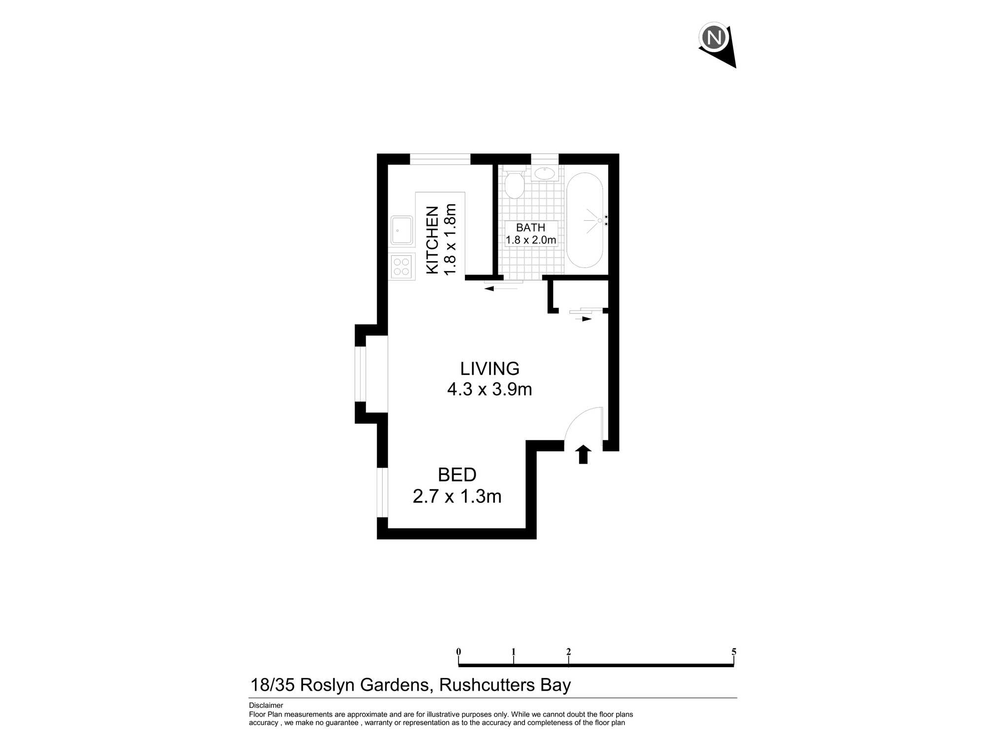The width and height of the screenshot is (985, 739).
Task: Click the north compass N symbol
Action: (714, 37)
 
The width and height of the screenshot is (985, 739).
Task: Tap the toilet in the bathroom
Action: (514, 184)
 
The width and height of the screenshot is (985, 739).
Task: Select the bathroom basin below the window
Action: (545, 173)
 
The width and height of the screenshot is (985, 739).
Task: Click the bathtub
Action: (585, 220)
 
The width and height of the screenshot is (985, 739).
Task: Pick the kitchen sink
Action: (401, 230)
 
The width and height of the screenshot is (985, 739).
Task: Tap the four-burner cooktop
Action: (401, 267)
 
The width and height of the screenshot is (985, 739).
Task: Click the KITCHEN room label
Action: (432, 240)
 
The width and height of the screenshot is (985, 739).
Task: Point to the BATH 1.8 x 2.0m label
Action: (530, 234)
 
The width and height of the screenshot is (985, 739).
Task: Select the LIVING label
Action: (490, 369)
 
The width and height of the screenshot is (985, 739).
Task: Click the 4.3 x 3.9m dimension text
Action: (490, 389)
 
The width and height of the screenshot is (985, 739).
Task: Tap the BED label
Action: (457, 475)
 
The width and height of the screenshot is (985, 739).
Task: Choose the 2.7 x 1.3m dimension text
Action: (457, 496)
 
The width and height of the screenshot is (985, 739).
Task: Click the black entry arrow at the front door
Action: (583, 454)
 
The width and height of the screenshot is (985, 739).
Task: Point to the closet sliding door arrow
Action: (584, 319)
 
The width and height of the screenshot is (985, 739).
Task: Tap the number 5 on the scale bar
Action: (733, 652)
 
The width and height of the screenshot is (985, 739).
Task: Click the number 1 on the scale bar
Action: (513, 652)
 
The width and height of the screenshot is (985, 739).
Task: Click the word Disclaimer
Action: (266, 705)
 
